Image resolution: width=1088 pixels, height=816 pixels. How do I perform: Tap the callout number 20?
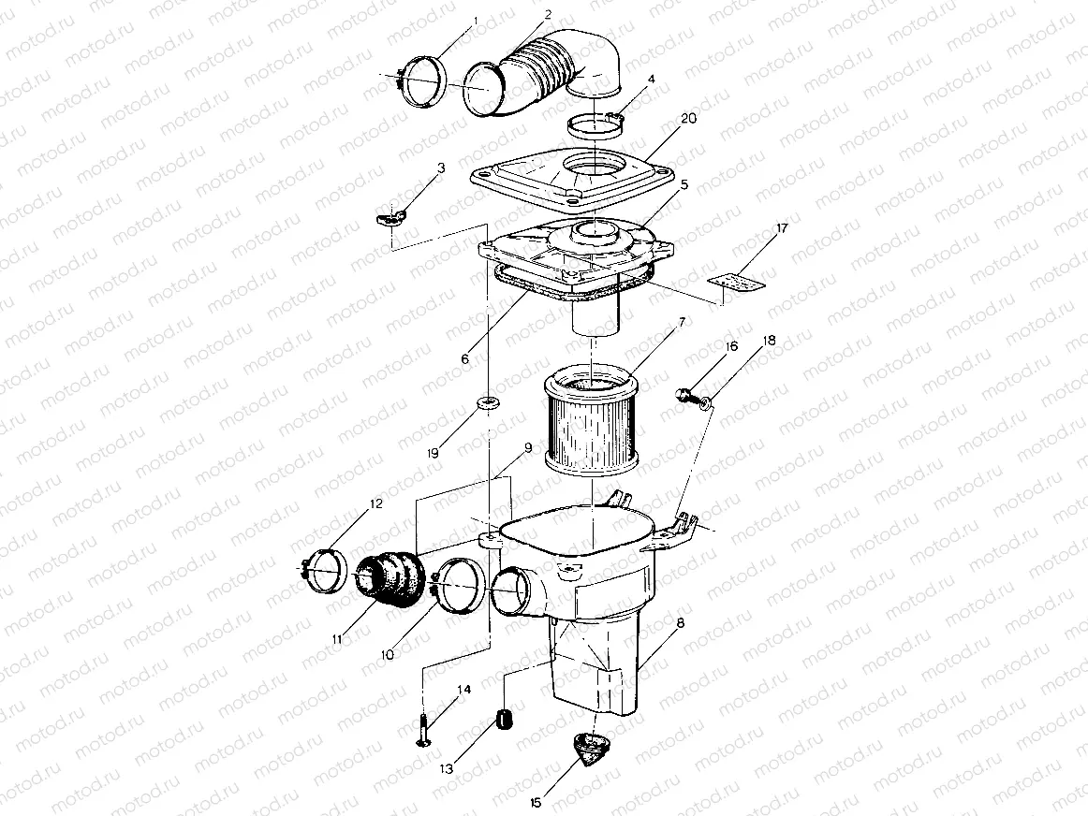click(688, 119)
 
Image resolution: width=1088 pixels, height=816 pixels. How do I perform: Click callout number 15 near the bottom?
click(537, 802)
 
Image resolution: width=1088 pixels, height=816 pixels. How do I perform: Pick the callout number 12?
click(375, 504)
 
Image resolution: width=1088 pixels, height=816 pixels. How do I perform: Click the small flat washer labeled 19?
click(486, 403)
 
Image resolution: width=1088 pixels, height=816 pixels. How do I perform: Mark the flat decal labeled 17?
click(736, 279)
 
